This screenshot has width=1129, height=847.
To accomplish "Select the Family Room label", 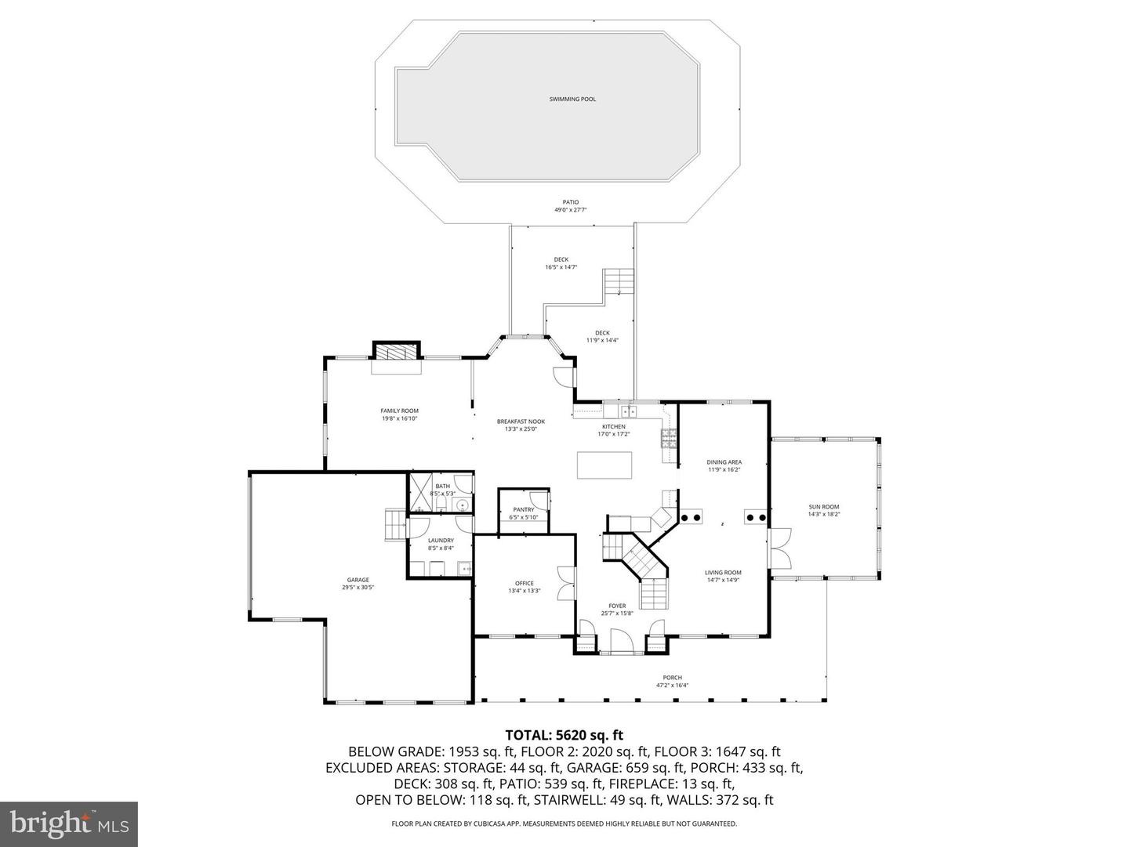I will coord(399,411).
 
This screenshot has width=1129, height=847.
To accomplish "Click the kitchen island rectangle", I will coord(604,465).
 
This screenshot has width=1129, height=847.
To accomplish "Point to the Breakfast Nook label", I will coord(521,422).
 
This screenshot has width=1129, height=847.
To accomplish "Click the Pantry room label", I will coord(524,509).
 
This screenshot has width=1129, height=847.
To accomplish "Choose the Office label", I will coord(524,583).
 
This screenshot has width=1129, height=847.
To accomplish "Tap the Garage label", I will coord(358,580).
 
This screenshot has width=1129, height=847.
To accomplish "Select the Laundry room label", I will coord(441,540).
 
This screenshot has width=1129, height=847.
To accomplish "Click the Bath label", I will coord(443,486).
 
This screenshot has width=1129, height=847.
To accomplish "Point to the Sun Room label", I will coord(824,507).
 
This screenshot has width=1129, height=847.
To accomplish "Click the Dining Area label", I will coord(724,462).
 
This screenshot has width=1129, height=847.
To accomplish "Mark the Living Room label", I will coord(723,573).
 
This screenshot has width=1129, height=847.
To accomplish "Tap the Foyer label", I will coord(617,606).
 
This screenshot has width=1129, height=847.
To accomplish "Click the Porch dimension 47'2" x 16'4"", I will coord(672,686).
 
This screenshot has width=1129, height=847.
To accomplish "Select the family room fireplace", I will coord(396,351).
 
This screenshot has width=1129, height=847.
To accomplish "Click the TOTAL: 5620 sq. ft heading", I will coord(564,735).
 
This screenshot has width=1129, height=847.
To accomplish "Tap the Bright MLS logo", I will coord(69,823).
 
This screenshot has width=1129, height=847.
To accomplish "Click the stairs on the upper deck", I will coord(618,281).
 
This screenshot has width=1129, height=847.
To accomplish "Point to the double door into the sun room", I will coord(780,548).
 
